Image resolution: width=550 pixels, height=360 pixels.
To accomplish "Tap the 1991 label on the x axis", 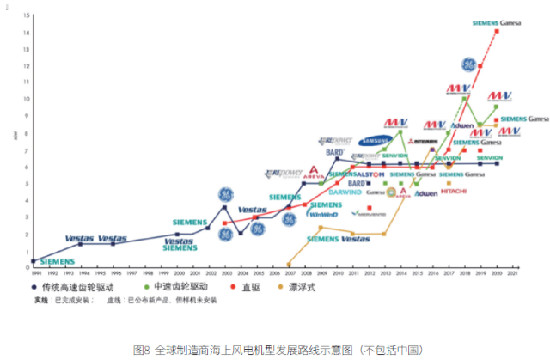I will [33, 273].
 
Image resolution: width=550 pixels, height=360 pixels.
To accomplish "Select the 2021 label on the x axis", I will [513, 273].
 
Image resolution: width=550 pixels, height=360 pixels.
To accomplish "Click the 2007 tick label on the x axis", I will [289, 273].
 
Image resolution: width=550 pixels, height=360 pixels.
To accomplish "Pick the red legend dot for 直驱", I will [234, 288].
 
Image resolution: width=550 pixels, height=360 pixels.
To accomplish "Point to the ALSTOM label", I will [370, 174].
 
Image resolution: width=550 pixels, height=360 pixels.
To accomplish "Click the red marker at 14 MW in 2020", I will [497, 32].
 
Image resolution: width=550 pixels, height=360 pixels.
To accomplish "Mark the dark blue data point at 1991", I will [34, 260].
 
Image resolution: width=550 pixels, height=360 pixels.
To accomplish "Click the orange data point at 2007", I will [289, 264].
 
